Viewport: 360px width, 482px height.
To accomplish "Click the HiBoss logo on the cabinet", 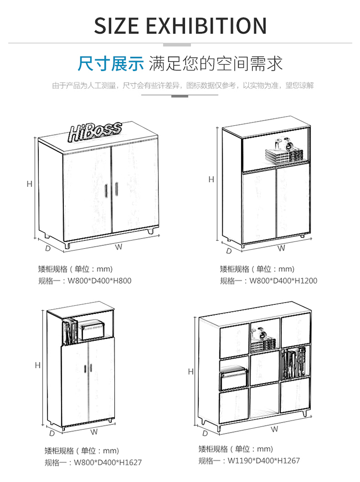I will tap(95, 130).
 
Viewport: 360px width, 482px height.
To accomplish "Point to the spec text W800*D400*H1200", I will tap(283, 281).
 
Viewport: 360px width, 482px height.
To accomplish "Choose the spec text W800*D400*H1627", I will tap(108, 463).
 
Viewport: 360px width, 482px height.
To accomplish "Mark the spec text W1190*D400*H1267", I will tap(264, 460).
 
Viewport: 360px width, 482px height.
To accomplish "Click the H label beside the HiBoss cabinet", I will tap(29, 184).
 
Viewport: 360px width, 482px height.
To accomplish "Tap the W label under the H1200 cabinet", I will tap(281, 248).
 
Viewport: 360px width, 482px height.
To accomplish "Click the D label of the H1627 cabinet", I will tap(52, 433).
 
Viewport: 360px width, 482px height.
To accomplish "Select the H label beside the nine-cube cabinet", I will tap(191, 371).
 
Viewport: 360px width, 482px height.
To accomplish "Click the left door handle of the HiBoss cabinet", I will tap(107, 190).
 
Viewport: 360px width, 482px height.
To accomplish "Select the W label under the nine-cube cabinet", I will tap(275, 429).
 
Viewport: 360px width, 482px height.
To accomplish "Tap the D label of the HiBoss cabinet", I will tap(48, 249).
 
